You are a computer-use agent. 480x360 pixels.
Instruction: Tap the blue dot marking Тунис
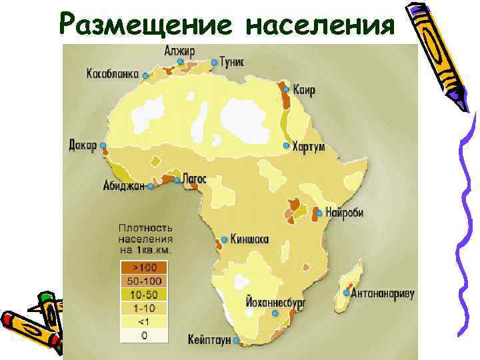point(214,63)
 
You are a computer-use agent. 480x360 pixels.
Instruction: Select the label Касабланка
point(112,74)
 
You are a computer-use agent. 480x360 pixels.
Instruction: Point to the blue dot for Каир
point(286,89)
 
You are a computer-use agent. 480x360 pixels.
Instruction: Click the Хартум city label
point(309,147)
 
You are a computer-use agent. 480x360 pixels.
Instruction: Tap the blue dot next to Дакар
point(103,145)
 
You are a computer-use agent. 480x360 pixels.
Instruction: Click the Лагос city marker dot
point(176,180)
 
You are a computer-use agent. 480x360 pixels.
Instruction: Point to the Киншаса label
point(251,239)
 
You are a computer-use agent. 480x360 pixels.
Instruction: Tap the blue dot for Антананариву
point(347,293)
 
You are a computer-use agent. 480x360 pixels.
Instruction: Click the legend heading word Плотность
point(145,227)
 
